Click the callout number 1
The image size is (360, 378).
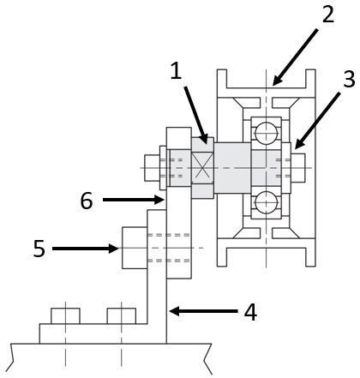point(177,71)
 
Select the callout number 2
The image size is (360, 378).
point(328,15)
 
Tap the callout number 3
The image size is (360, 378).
point(349,79)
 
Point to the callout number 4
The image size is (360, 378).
point(250,312)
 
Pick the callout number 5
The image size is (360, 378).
point(39,249)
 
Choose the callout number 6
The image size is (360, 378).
point(87,201)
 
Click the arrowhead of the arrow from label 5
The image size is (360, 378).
point(115,249)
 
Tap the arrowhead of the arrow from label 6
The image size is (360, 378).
point(160,200)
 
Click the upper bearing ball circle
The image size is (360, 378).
point(267,134)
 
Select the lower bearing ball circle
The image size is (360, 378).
point(267,202)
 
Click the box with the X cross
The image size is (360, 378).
point(202,168)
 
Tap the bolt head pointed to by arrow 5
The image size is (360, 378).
point(135,248)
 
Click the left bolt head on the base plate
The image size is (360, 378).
point(65,316)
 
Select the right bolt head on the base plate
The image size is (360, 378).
point(122,316)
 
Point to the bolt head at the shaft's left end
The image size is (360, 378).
point(152,168)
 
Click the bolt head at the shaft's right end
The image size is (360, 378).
point(298,168)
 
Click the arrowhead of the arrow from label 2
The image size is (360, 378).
point(275,81)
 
